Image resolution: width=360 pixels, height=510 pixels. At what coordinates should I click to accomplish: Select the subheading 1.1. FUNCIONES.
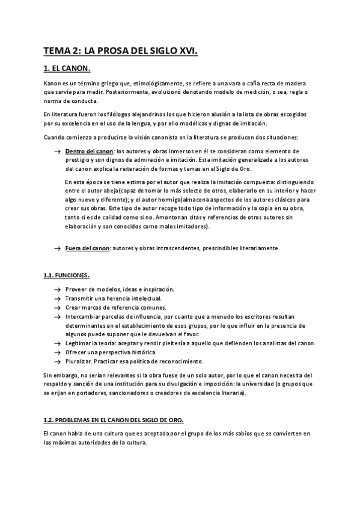pos(66,275)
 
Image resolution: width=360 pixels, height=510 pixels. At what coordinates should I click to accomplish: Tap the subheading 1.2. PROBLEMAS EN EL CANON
pos(114,419)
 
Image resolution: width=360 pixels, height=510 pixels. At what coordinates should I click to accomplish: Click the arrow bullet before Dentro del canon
pos(56,152)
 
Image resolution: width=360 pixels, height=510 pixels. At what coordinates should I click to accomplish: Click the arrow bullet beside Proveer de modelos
pos(56,290)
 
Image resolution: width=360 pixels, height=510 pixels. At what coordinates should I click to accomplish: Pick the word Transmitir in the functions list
pos(79,298)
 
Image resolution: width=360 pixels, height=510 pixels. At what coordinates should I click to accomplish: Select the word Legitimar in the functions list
pos(78,343)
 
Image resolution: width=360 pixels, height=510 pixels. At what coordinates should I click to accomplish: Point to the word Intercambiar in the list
pos(83,316)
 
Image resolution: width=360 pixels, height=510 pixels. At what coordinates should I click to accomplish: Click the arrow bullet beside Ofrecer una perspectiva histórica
pos(56,352)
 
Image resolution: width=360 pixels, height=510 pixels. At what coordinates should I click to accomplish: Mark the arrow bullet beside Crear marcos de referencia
pos(56,307)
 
